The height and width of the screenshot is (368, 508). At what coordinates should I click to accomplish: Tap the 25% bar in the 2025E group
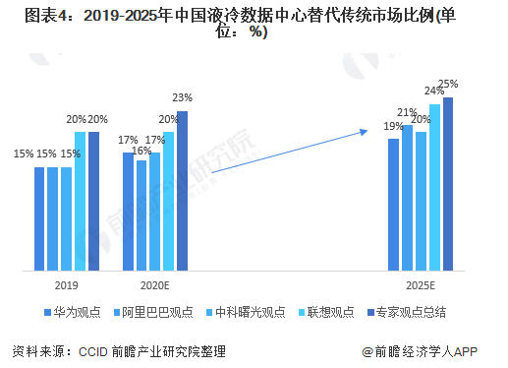pos(448,183)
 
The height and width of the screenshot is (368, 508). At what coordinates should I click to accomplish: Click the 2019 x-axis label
pos(67,284)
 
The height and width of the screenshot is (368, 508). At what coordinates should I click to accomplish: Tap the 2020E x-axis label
pos(155,284)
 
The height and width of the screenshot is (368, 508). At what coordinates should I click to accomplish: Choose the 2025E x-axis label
pos(421,284)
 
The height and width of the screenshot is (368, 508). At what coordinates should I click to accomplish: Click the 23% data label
pos(182,98)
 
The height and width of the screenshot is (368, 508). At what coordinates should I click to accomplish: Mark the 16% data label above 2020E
pos(141,151)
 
